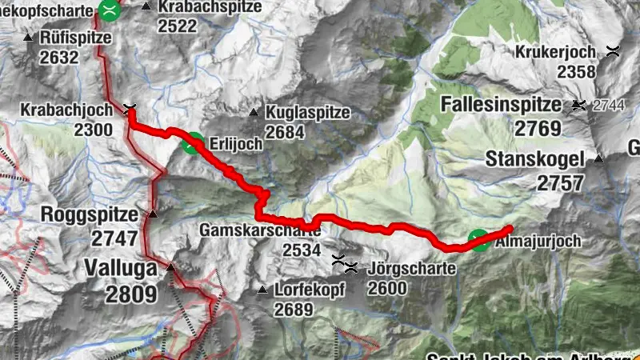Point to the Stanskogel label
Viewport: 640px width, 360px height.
pos(534,159)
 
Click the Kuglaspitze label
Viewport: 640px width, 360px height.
pos(308,112)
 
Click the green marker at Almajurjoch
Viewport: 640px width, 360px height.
pos(478,240)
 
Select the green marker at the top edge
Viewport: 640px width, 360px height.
pos(110,10)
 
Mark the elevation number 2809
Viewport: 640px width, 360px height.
pos(130,294)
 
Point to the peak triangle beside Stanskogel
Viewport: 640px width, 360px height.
pos(598,158)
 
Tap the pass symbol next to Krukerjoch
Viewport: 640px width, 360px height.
pos(613,52)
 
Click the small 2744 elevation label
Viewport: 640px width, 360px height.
pos(612,105)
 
